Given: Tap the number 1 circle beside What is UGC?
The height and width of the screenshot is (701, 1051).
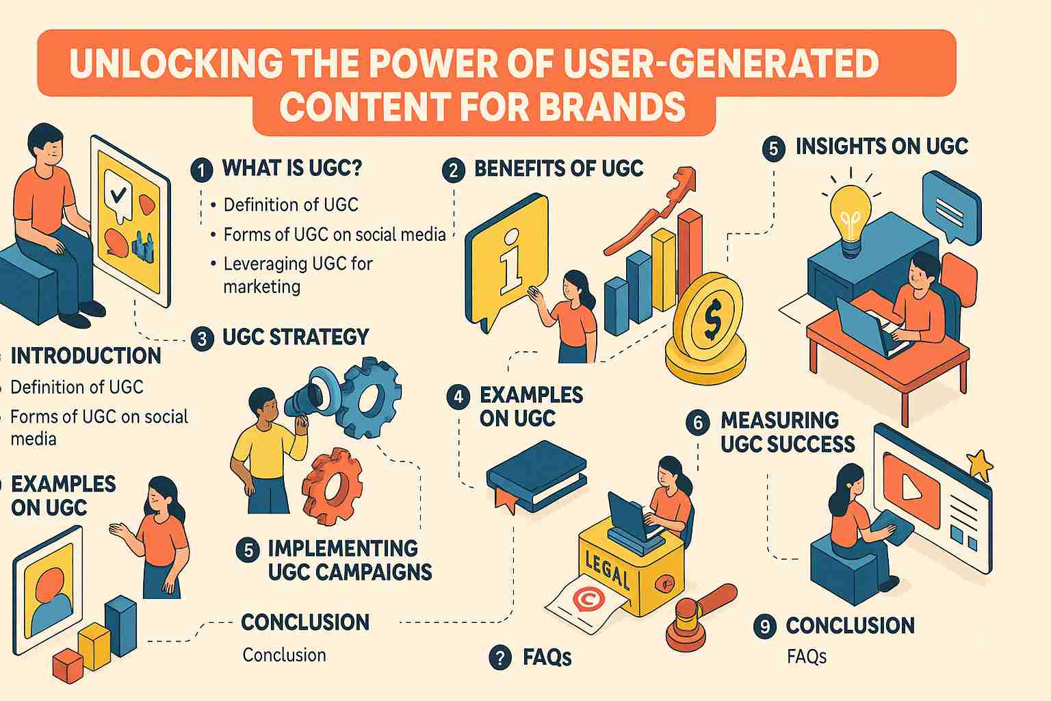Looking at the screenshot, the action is (x=202, y=170).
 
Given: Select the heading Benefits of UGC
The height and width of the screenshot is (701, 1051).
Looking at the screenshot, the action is (x=559, y=168).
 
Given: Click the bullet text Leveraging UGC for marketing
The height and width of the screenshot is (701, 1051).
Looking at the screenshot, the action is (x=298, y=275).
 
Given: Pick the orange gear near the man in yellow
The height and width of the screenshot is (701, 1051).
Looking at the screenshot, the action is (x=332, y=487).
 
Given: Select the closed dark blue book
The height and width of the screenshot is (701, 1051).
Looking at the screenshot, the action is (x=536, y=475).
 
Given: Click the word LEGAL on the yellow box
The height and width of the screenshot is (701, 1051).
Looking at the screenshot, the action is (x=608, y=569).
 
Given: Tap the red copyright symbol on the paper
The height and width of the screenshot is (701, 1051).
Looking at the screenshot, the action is (x=588, y=599).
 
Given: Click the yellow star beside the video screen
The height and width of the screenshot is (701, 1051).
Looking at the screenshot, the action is (x=980, y=464).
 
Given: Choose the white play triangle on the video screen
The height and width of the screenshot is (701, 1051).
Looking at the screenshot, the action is (x=910, y=487).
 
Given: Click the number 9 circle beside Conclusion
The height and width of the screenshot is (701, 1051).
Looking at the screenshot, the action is (x=765, y=626).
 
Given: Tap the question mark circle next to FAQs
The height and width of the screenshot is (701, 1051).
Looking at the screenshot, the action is (x=500, y=657).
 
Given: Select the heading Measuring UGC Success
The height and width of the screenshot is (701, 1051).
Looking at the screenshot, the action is (x=788, y=432).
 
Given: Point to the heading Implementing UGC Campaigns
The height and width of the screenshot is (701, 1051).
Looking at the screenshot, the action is (x=350, y=560).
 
